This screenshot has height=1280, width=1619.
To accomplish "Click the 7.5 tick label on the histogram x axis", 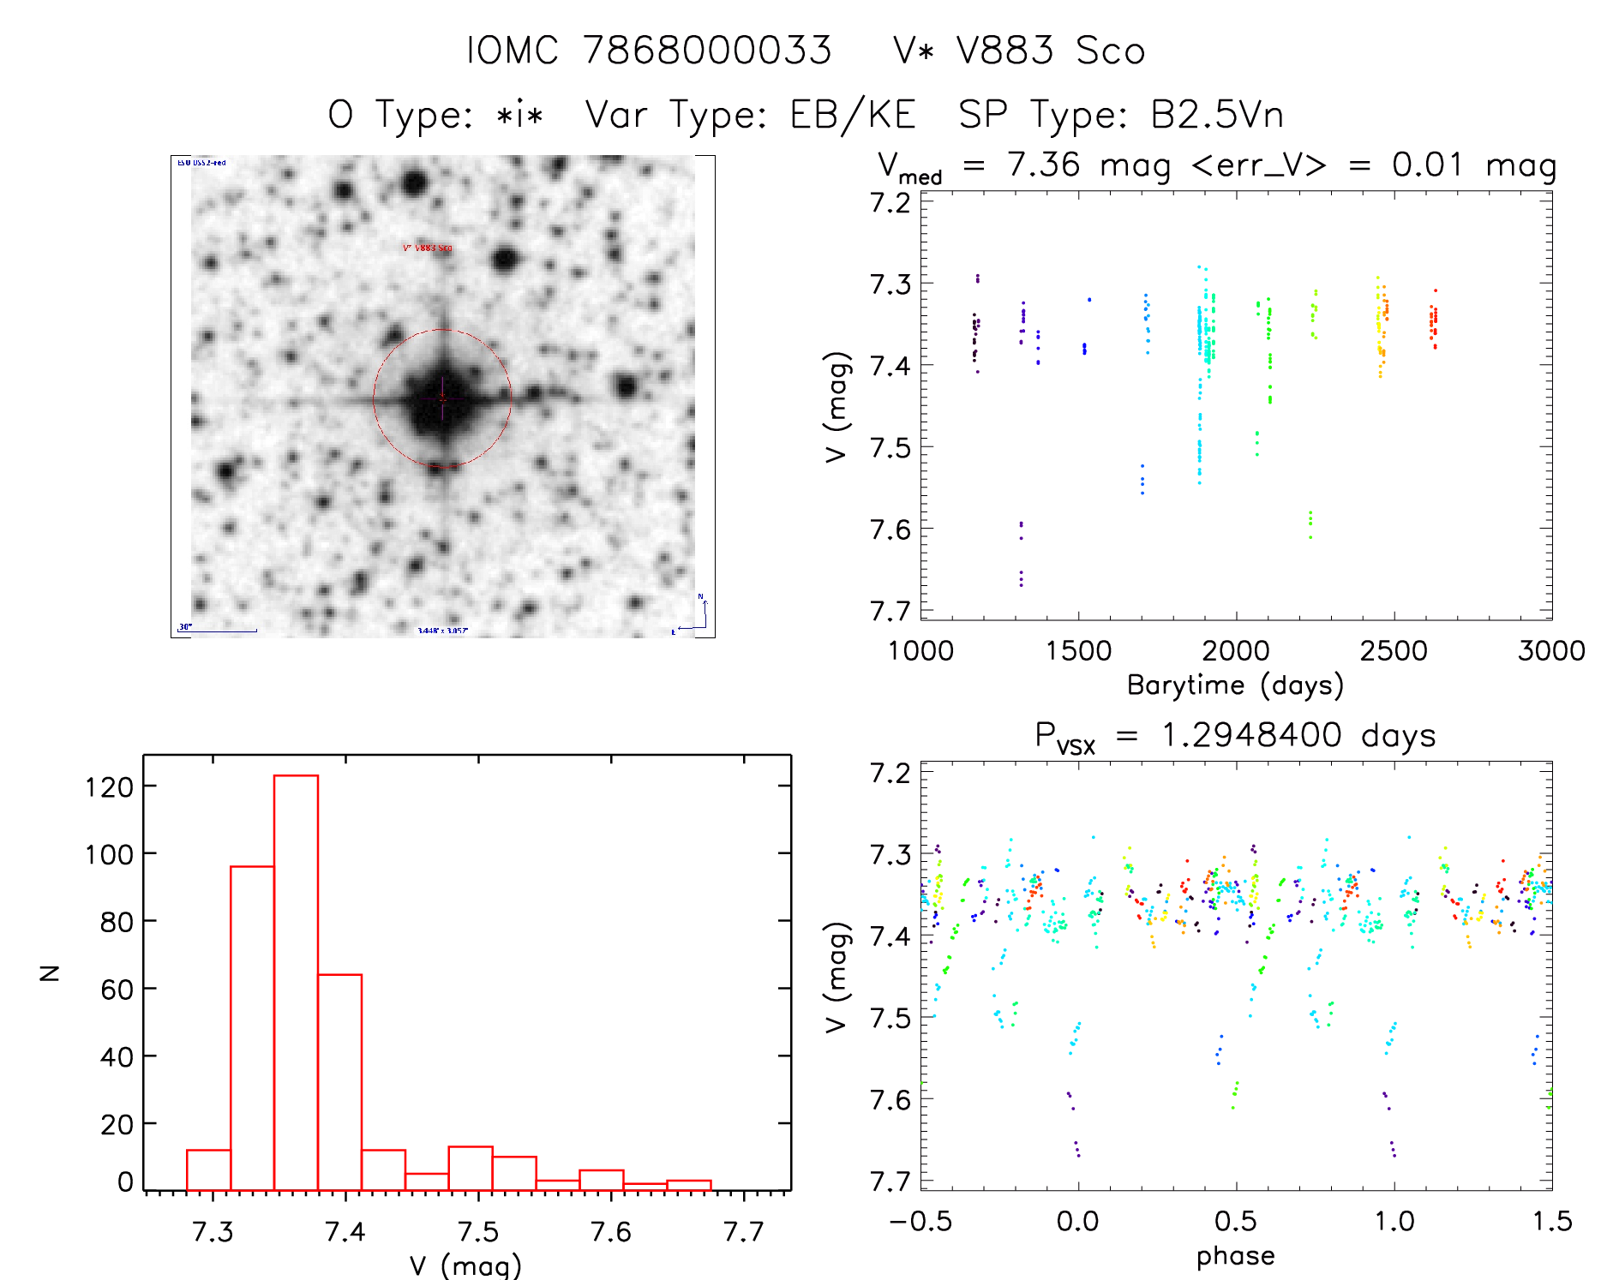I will pos(478,1231).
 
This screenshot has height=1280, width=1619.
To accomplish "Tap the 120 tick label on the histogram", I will pos(110,787).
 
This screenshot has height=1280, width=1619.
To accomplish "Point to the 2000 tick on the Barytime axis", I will pos(1236,650).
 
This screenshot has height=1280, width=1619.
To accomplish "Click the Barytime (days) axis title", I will pos(1235,685).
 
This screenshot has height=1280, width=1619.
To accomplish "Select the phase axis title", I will pos(1235,1256).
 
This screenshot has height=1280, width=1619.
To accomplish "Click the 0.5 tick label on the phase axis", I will pos(1236,1221).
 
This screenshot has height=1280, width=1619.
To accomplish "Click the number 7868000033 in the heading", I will pos(708,51).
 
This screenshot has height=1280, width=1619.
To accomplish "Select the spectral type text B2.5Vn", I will pos(1217,115).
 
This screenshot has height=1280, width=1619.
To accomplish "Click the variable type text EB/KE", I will pos(853,115).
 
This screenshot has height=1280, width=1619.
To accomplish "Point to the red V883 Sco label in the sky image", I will pos(428,248).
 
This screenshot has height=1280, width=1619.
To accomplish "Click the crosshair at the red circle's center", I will pos(442,398).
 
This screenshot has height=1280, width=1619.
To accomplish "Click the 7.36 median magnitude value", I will pos(1044,165).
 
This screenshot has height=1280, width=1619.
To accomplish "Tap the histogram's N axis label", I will pos(50,972).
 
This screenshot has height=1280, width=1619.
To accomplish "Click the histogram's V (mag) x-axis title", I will pos(465,1265).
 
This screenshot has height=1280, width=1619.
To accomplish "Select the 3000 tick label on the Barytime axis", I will pos(1551,650).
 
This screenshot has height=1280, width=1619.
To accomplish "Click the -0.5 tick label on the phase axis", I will pos(920,1221).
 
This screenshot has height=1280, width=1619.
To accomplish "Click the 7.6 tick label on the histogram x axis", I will pos(611,1231).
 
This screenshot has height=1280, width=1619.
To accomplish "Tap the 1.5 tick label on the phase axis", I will pos(1552,1221).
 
